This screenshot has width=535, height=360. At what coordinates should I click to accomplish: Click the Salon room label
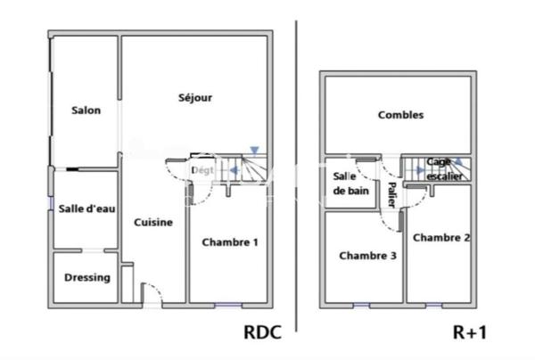click(86, 110)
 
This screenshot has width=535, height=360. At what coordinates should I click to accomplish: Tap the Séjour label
click(195, 98)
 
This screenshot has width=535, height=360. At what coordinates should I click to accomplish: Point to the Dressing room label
click(87, 277)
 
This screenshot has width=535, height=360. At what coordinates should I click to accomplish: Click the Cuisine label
click(154, 222)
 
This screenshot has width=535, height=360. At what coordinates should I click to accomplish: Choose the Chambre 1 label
click(230, 241)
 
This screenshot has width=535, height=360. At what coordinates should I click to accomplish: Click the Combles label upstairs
click(400, 115)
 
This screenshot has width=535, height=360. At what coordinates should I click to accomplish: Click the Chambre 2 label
click(441, 237)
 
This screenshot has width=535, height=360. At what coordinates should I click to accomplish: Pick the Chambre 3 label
click(368, 256)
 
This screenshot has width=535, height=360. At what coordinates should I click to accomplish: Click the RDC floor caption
click(263, 333)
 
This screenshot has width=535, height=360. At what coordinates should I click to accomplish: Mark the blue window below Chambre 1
click(227, 306)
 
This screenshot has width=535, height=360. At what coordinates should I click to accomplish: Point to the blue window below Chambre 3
click(362, 306)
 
